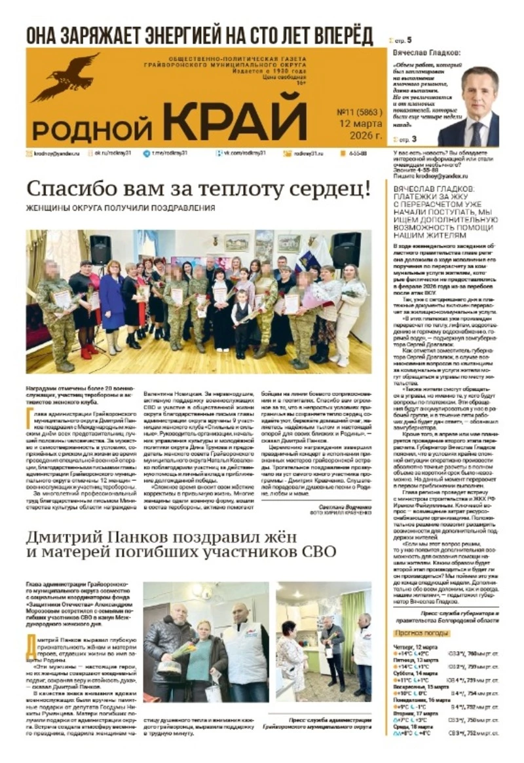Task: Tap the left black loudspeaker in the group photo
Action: [x=100, y=249]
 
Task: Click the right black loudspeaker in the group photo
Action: [x=345, y=249]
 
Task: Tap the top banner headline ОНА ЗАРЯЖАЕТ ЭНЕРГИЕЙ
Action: [x=199, y=35]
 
